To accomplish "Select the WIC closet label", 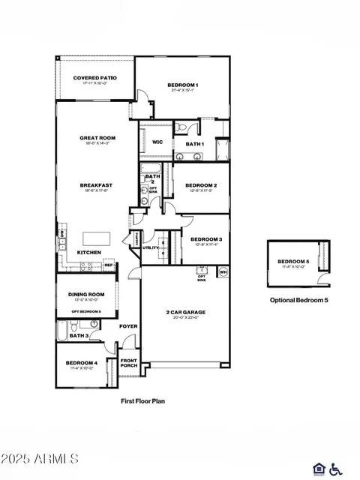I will [157, 142].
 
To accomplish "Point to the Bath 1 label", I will [194, 143].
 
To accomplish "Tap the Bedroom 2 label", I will [200, 185].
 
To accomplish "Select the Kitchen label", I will [90, 252].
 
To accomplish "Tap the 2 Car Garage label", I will [185, 312].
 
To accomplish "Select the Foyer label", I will [128, 326].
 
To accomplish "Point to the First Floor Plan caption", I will [142, 401].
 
